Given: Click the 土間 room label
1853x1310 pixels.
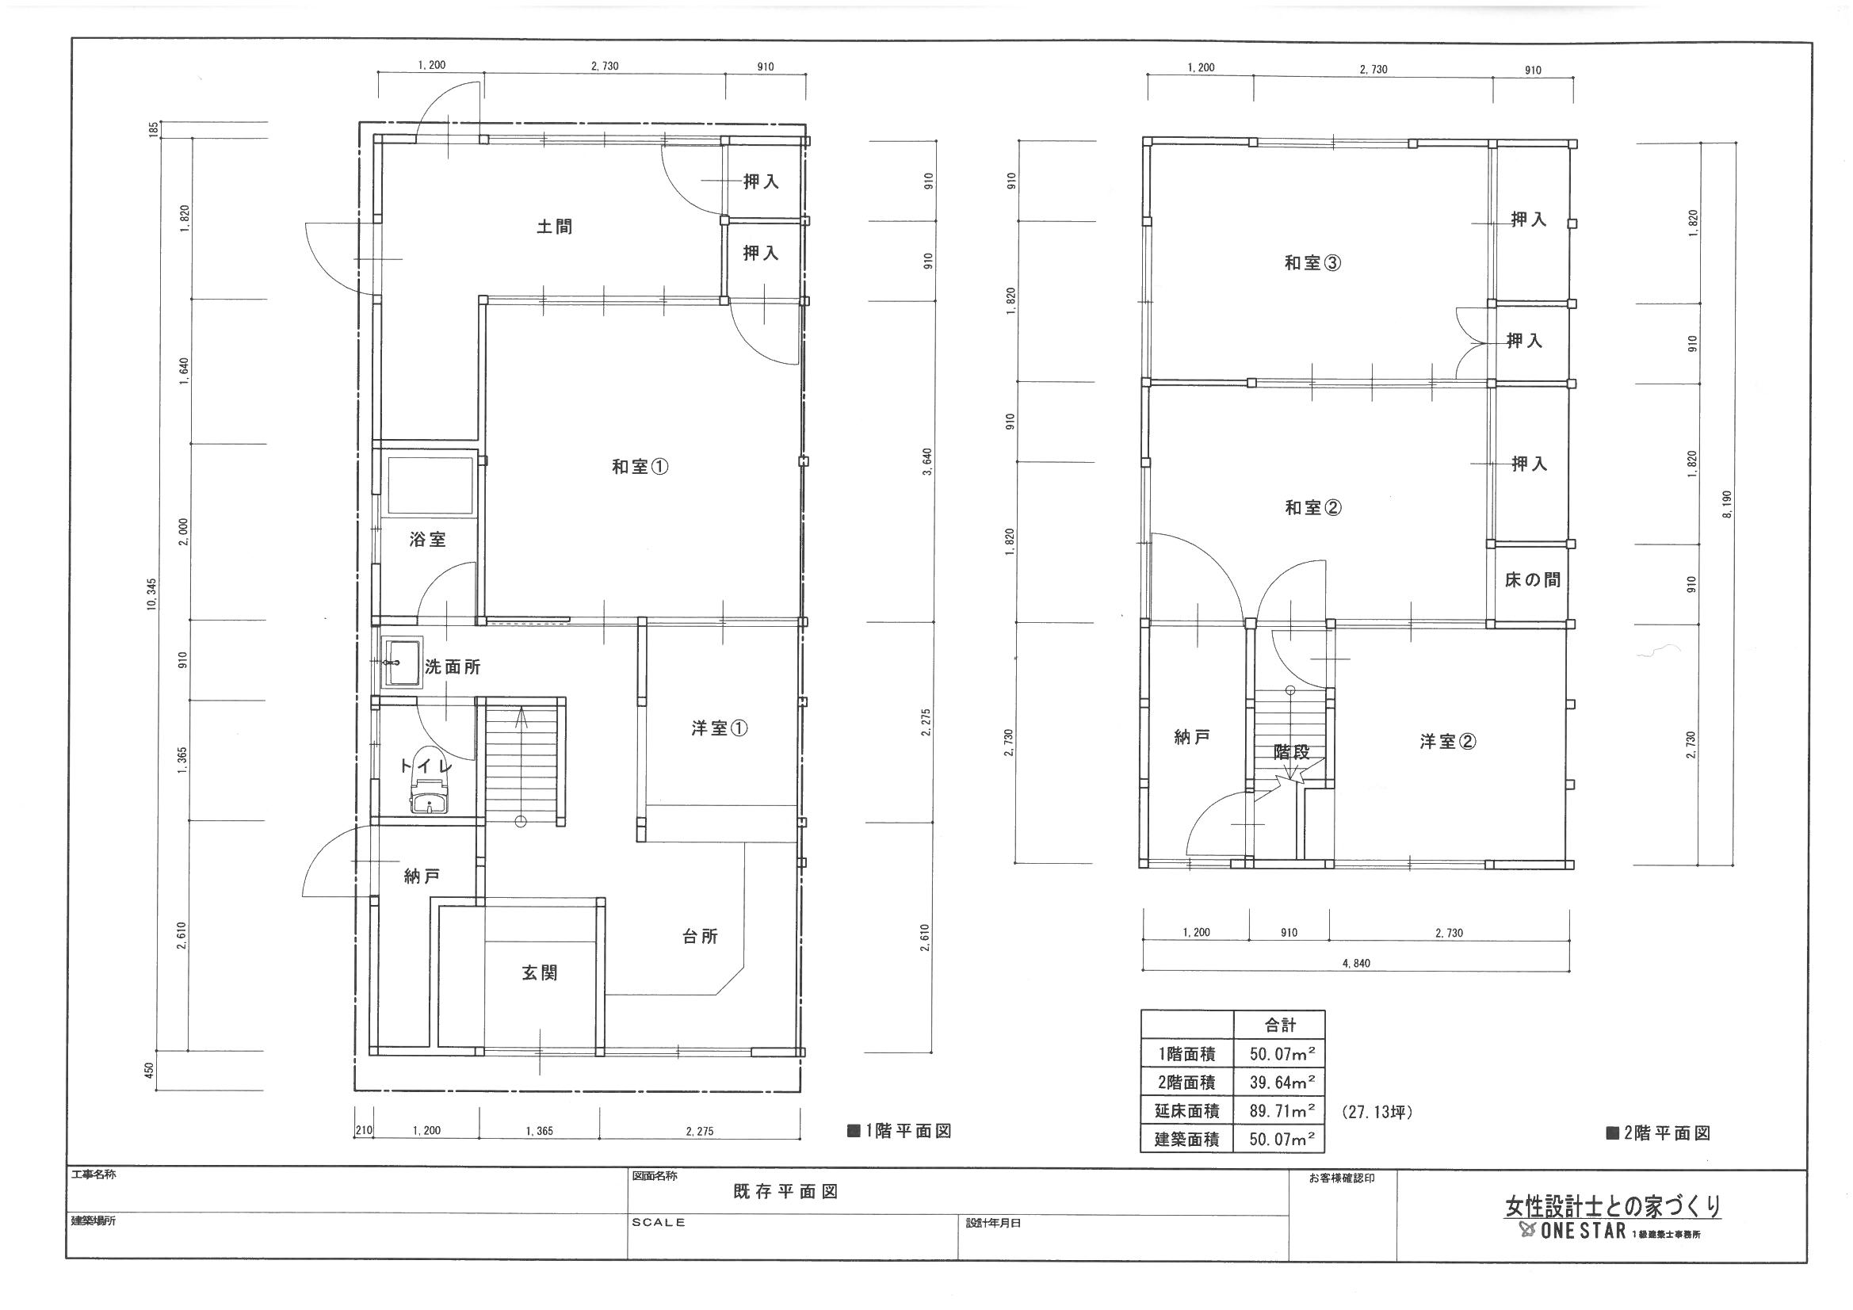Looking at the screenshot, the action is [555, 227].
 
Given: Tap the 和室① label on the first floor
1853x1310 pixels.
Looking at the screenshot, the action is [640, 467].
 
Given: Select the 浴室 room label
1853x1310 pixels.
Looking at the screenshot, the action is [428, 540].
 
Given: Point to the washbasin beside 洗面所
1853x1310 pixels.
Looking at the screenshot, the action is [401, 663].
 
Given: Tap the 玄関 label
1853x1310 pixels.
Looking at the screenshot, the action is [539, 973].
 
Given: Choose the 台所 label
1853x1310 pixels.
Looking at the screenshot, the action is [700, 936].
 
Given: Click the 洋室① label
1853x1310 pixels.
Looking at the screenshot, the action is [719, 728].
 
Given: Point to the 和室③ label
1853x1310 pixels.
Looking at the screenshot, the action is [1313, 263].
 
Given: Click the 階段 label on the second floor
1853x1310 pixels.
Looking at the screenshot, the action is [1291, 751].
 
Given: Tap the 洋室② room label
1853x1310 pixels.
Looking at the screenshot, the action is [1448, 741].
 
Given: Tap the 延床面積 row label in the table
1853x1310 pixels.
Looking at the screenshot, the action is [1186, 1110].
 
